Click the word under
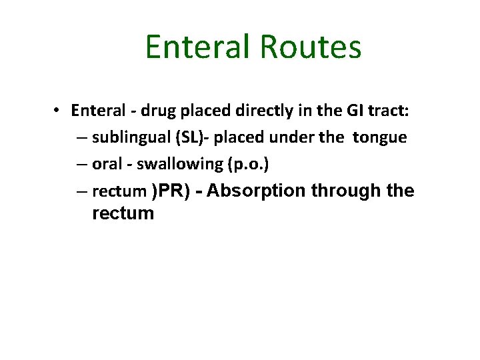291,137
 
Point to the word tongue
379,137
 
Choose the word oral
107,164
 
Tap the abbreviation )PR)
171,191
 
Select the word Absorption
257,191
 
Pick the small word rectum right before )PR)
119,192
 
